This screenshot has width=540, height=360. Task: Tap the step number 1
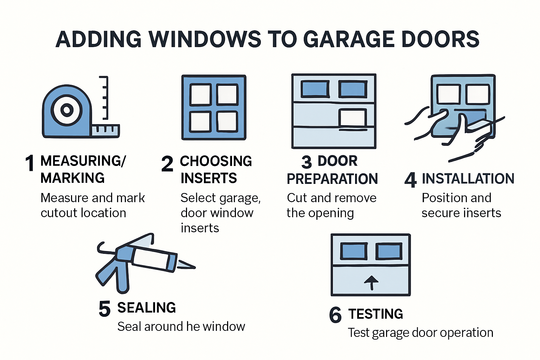[x=30, y=163]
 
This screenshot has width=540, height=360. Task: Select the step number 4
[x=410, y=180]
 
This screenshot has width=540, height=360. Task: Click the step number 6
[x=335, y=315]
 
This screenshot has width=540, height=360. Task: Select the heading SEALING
[x=147, y=308]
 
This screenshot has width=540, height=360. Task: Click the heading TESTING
[x=375, y=314]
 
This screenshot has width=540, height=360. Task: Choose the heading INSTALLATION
[x=468, y=179]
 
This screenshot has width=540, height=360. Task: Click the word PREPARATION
[x=332, y=179]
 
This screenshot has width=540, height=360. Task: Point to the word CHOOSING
[x=216, y=161]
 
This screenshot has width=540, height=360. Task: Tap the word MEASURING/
[x=83, y=161]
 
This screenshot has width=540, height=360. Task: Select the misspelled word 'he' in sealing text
[x=193, y=327]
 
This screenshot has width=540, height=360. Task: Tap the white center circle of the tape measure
[x=66, y=110]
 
